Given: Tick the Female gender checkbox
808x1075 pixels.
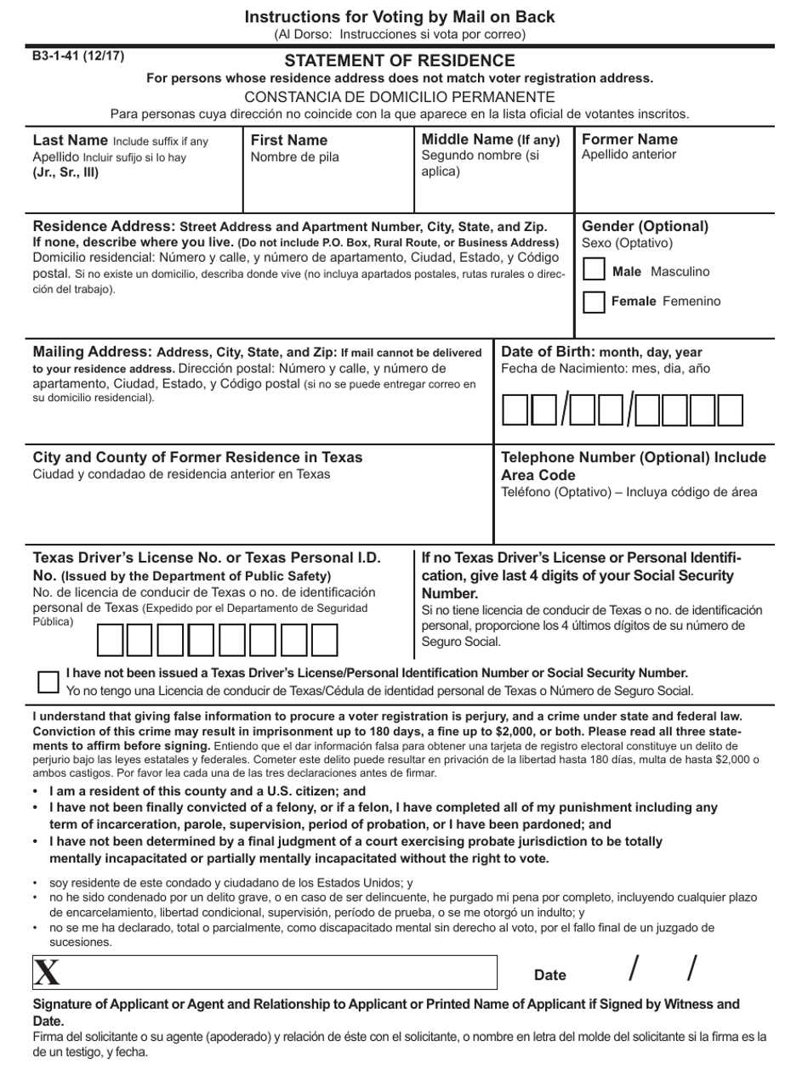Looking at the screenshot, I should [595, 302].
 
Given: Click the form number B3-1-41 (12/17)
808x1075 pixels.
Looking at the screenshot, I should [78, 57].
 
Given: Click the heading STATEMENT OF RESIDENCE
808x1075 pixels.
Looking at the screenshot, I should [400, 61].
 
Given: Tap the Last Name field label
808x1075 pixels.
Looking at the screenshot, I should [71, 140].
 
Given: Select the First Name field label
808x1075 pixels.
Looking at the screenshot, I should [289, 140].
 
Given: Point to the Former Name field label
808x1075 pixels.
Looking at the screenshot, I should [629, 139].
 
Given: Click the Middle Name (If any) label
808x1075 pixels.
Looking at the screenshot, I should [491, 139].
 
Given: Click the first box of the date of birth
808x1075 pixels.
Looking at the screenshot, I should [515, 410].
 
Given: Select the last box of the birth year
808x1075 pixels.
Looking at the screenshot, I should [730, 410].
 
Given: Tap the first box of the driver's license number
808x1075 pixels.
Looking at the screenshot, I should [111, 641].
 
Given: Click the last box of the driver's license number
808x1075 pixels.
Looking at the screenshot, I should [324, 641].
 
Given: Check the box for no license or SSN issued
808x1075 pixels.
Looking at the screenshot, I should [48, 682].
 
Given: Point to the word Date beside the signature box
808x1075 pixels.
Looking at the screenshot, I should [549, 975].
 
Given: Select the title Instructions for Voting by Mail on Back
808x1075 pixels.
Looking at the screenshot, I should [400, 17].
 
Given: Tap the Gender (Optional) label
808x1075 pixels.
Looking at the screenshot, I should [645, 226].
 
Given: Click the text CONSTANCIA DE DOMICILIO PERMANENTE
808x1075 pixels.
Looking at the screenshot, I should [400, 97].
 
